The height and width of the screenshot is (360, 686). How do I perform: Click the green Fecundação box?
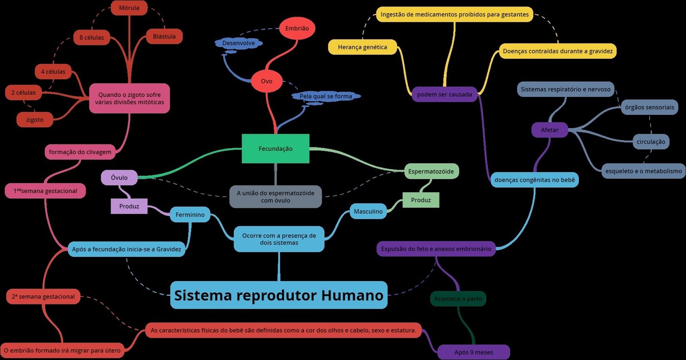(x=275, y=149)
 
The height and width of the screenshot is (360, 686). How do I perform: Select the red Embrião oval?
(x=297, y=28)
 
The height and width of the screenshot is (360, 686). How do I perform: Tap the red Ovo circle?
(x=267, y=81)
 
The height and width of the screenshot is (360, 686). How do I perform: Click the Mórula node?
(x=129, y=8)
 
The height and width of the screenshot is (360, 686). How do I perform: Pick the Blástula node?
(x=164, y=36)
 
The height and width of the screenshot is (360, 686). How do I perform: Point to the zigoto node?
(x=35, y=120)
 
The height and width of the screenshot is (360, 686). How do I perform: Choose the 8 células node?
(x=91, y=37)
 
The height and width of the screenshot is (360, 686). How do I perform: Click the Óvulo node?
(x=119, y=177)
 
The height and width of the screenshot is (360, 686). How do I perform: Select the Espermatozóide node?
(x=431, y=171)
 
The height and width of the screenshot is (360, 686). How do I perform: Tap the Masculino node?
(x=368, y=211)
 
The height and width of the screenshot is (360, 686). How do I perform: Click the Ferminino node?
(x=190, y=215)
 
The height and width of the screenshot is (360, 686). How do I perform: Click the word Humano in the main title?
(x=352, y=295)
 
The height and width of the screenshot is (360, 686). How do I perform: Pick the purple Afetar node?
(x=549, y=130)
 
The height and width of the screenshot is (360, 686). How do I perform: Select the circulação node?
(x=651, y=141)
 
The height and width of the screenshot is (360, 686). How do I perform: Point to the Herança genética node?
(x=362, y=47)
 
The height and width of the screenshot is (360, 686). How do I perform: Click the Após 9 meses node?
(x=473, y=352)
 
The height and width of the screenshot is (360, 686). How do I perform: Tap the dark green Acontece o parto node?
(x=458, y=299)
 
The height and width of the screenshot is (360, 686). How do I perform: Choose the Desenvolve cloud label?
(x=238, y=43)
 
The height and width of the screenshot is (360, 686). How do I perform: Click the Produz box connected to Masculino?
(x=421, y=200)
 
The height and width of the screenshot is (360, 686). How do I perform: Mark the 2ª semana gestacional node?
(x=43, y=297)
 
